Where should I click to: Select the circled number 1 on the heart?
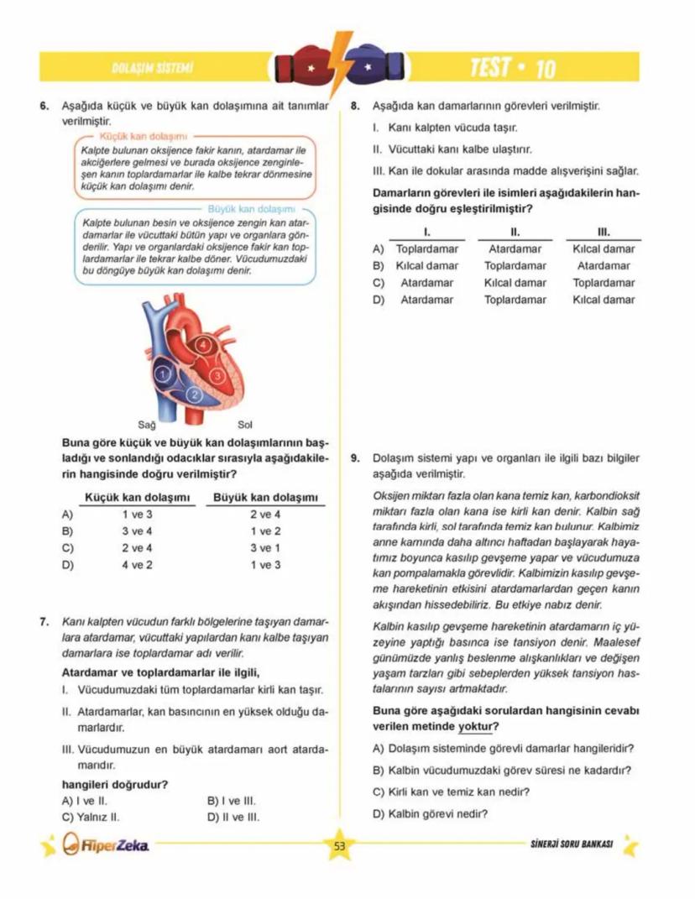165,372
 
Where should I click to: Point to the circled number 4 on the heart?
201,344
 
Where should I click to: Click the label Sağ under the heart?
146,424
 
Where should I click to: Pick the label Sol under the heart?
245,424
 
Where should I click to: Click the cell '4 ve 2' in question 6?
137,565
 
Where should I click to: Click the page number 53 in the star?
339,846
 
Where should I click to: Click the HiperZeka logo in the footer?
107,844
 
